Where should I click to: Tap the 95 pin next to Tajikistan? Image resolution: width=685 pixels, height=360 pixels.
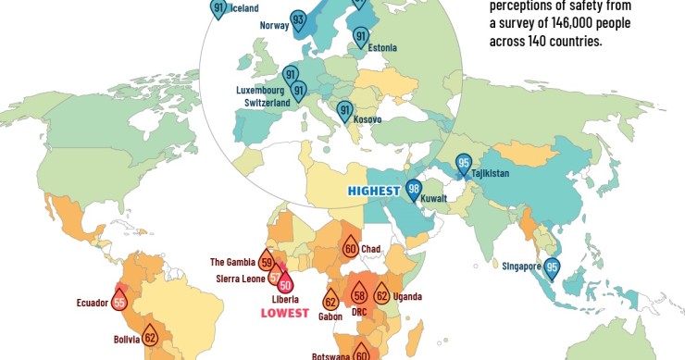(x=464, y=165)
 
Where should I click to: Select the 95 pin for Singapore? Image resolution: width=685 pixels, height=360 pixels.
(x=553, y=267)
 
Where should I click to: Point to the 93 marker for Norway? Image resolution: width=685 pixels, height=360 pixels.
(x=298, y=20)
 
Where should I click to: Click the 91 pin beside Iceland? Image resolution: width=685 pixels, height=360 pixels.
(x=218, y=9)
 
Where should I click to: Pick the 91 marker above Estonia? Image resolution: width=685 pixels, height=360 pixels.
(x=361, y=37)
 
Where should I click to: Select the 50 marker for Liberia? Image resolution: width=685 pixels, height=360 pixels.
(x=285, y=284)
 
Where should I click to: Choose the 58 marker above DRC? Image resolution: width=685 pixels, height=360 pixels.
(x=359, y=297)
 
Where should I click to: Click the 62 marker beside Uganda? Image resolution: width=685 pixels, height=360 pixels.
(x=382, y=296)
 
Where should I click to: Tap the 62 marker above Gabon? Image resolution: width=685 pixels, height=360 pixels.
(x=330, y=301)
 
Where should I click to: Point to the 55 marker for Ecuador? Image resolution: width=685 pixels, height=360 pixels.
(x=118, y=301)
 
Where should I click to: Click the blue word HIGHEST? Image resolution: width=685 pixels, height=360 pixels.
(x=373, y=191)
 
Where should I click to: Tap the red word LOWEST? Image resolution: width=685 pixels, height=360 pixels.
(x=285, y=313)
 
